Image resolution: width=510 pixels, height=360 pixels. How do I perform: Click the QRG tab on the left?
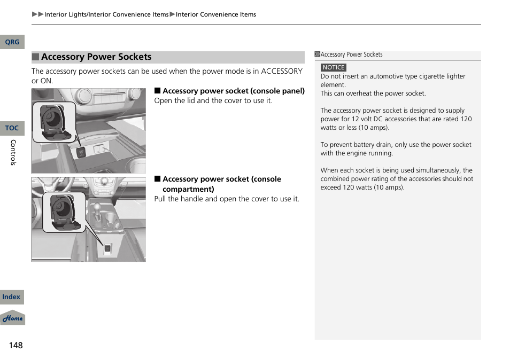pos(12,42)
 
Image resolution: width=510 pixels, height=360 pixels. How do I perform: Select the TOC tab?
pos(12,128)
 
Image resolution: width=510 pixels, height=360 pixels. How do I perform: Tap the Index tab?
pos(11,297)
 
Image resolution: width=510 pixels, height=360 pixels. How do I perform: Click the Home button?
pos(12,318)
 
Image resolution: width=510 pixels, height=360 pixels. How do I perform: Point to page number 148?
pos(16,345)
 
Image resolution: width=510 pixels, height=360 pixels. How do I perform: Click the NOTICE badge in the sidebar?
pos(334,67)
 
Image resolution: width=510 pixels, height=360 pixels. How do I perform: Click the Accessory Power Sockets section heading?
pos(96,57)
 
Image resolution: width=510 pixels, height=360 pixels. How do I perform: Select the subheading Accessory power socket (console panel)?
pos(233,91)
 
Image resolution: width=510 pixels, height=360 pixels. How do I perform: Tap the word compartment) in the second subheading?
pos(188,189)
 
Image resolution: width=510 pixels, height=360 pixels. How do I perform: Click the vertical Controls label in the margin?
pos(14,152)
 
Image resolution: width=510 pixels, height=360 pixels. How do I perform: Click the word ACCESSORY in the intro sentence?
pos(281,71)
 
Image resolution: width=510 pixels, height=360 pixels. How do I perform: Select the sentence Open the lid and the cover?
pos(213,100)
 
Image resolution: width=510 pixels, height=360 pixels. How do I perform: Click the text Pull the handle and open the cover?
pos(227,199)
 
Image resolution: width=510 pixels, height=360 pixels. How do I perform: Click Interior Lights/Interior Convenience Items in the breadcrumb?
pos(106,14)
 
